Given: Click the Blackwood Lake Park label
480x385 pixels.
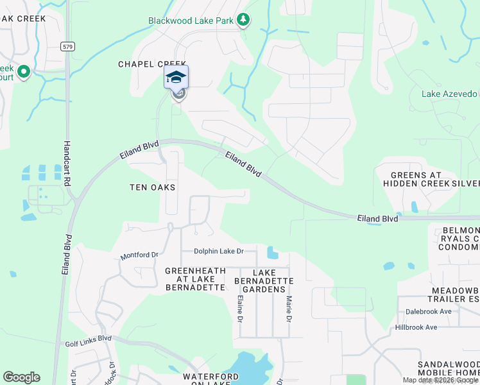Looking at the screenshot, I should [x=191, y=21].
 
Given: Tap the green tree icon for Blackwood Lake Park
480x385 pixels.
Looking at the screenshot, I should [x=243, y=21].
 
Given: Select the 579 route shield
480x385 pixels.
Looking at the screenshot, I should [x=67, y=46].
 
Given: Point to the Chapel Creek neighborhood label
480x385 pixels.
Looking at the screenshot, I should [x=152, y=64].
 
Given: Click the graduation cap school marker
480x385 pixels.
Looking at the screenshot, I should [x=176, y=78].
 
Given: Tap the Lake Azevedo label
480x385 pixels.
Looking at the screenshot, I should [x=449, y=94].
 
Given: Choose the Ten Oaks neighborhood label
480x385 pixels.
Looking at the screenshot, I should [x=153, y=187].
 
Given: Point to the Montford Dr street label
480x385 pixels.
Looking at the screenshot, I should [x=139, y=255].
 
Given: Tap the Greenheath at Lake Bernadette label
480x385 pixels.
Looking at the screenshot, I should [x=195, y=279].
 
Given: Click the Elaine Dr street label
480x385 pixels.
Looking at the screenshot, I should [x=240, y=306].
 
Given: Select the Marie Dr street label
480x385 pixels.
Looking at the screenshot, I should [x=289, y=306].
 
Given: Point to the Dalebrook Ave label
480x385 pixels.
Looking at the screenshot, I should [x=429, y=312].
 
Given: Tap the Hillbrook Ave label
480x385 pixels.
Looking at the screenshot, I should [x=416, y=327].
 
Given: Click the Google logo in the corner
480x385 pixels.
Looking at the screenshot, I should [x=21, y=377].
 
